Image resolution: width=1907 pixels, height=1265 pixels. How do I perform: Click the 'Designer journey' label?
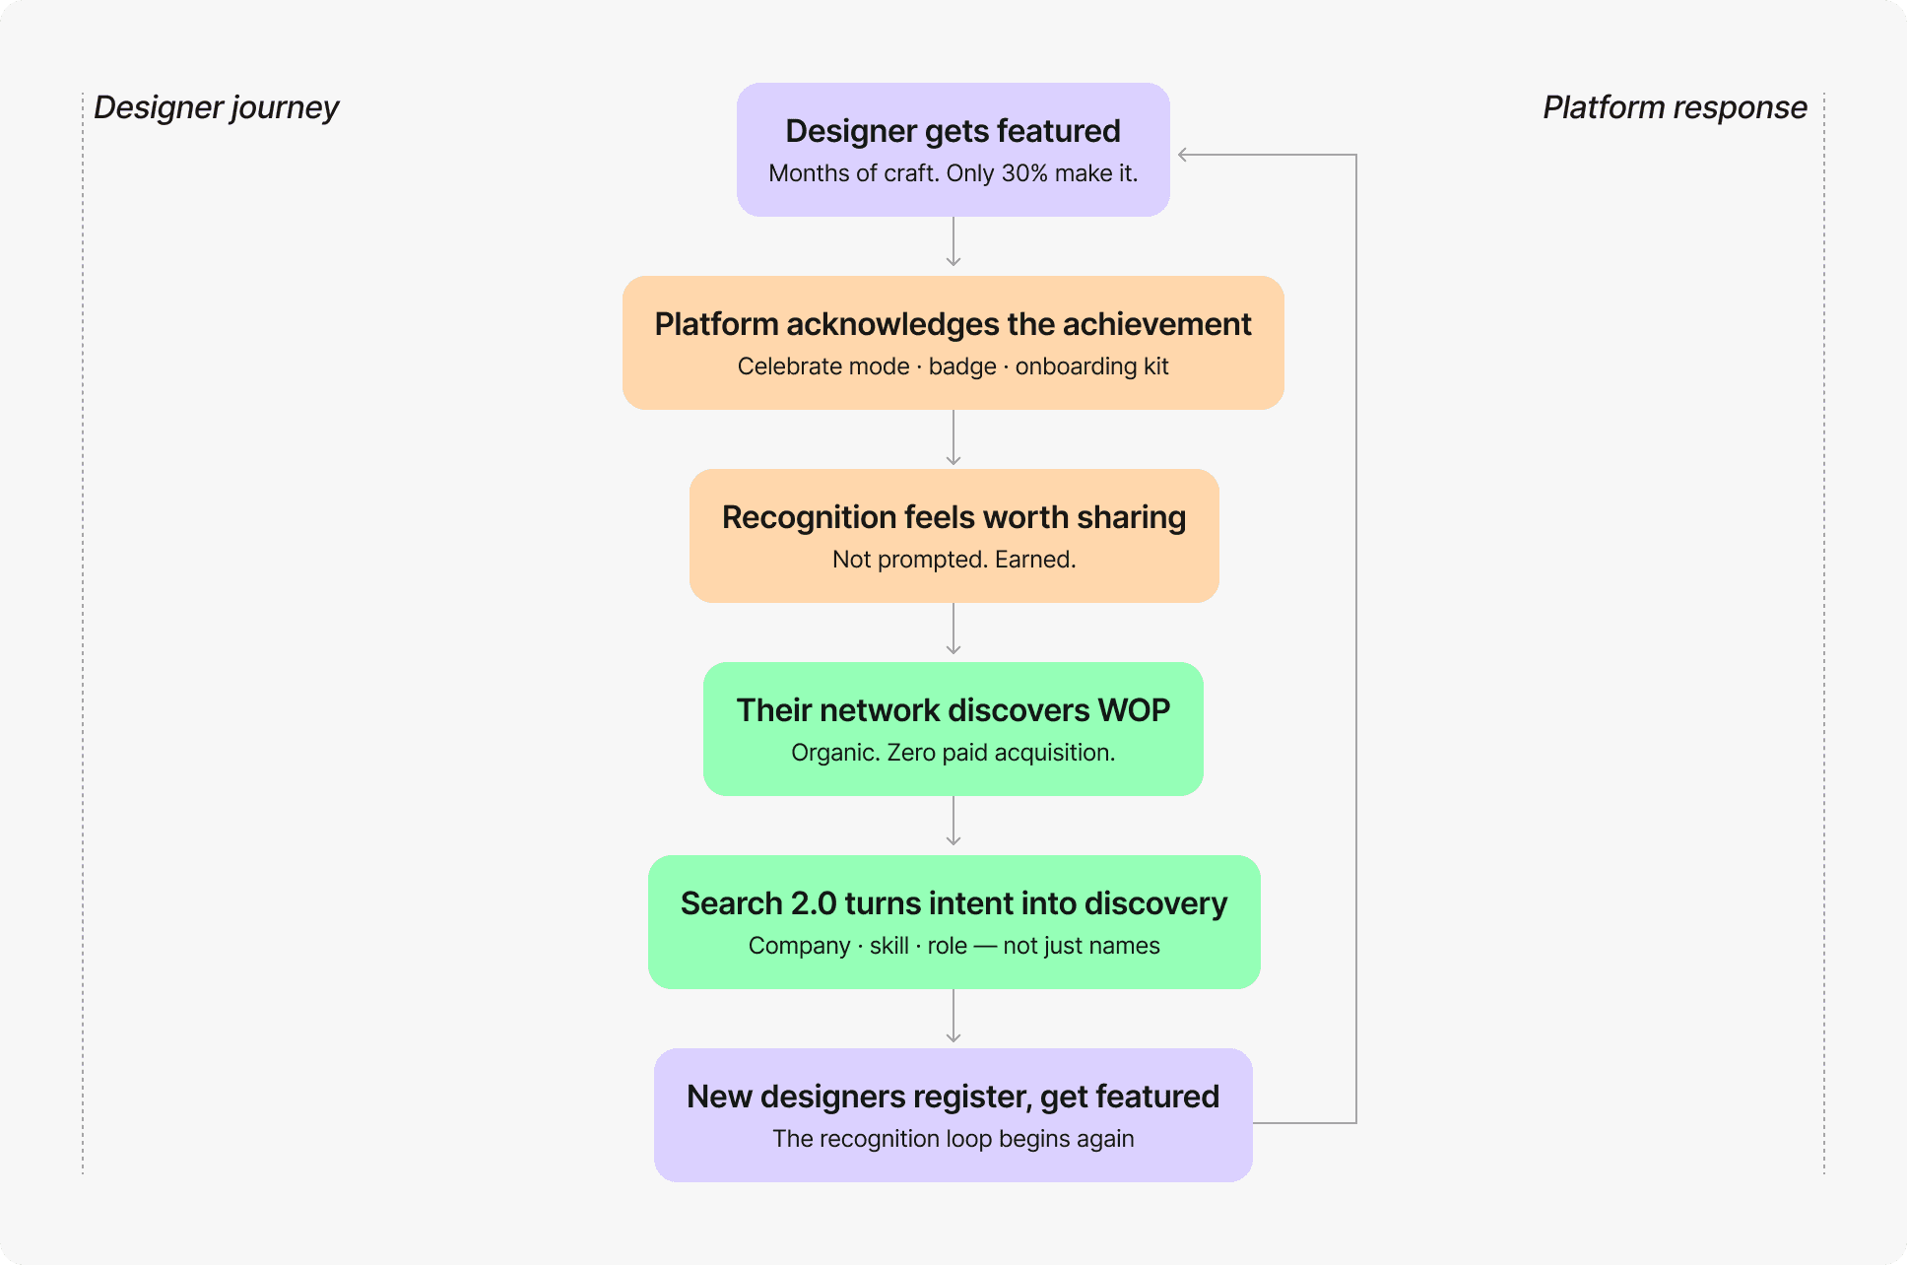pyautogui.click(x=216, y=107)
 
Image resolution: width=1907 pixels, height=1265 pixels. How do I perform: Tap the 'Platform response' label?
pyautogui.click(x=1675, y=107)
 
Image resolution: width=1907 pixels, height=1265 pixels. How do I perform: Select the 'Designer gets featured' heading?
pyautogui.click(x=953, y=131)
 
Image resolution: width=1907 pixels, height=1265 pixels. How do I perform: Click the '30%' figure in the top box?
pyautogui.click(x=1024, y=173)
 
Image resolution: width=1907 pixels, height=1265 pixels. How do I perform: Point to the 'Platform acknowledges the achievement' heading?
pyautogui.click(x=953, y=324)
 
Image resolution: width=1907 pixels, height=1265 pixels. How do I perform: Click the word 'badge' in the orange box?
pyautogui.click(x=962, y=366)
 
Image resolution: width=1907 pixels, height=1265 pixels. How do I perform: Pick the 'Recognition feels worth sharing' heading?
pyautogui.click(x=953, y=517)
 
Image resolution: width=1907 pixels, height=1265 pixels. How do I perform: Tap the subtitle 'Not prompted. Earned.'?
pyautogui.click(x=953, y=560)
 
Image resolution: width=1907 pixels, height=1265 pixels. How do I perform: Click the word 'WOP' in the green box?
pyautogui.click(x=1134, y=710)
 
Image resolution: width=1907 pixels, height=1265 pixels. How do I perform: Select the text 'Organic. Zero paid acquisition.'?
pyautogui.click(x=953, y=753)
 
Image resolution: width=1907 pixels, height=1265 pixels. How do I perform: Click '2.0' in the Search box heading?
pyautogui.click(x=814, y=903)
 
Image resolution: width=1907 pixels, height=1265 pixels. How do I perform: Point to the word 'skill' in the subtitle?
pyautogui.click(x=888, y=946)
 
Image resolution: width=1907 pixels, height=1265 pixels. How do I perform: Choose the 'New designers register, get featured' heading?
pyautogui.click(x=953, y=1097)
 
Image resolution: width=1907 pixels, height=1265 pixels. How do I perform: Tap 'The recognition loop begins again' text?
pyautogui.click(x=953, y=1139)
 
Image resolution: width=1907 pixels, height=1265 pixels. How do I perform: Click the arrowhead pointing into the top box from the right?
pyautogui.click(x=1183, y=155)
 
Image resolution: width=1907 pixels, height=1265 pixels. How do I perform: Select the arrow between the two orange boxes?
pyautogui.click(x=953, y=437)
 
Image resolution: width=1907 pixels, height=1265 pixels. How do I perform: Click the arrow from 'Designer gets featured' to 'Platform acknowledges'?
pyautogui.click(x=953, y=241)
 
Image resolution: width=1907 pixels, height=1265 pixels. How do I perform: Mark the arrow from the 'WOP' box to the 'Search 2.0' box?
pyautogui.click(x=953, y=821)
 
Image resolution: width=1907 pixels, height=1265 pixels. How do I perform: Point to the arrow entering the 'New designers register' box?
pyautogui.click(x=953, y=1016)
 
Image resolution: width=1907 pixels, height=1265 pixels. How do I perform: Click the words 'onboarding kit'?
pyautogui.click(x=1091, y=366)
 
